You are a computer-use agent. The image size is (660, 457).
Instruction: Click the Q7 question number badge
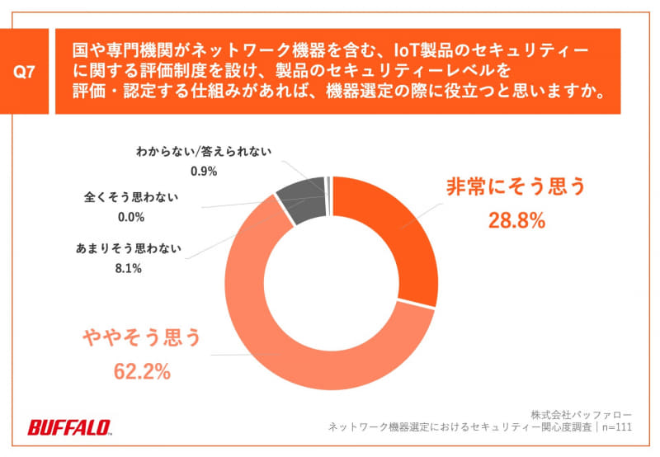[25, 72]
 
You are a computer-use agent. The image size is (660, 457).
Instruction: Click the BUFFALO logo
[70, 427]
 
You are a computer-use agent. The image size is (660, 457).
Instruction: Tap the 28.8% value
[515, 220]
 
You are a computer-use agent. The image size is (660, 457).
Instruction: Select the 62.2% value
[142, 371]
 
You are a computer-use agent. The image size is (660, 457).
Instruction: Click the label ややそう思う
[142, 337]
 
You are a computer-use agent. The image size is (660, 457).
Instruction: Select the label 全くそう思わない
[131, 198]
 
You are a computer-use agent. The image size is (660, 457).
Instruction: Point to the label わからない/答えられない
[203, 152]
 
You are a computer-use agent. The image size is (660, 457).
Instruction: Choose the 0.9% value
[203, 172]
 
